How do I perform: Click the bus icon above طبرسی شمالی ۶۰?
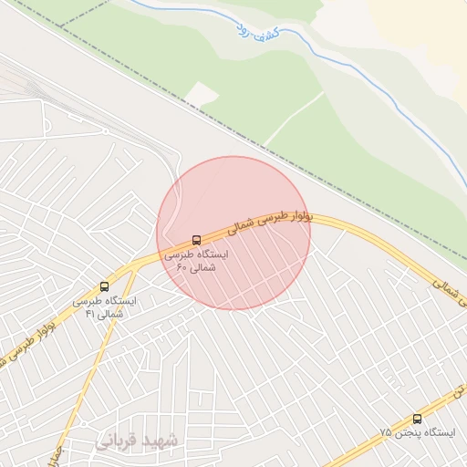click(x=195, y=241)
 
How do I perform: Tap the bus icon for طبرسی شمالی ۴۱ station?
click(x=103, y=286)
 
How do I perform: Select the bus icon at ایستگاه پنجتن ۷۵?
click(x=417, y=419)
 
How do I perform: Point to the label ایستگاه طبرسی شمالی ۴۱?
click(x=104, y=306)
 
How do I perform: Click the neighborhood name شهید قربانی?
click(x=139, y=441)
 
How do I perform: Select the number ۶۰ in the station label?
click(x=182, y=268)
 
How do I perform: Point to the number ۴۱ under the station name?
click(x=90, y=314)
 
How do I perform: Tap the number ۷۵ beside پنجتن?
click(x=386, y=432)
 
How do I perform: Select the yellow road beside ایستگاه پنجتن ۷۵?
click(x=383, y=435)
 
